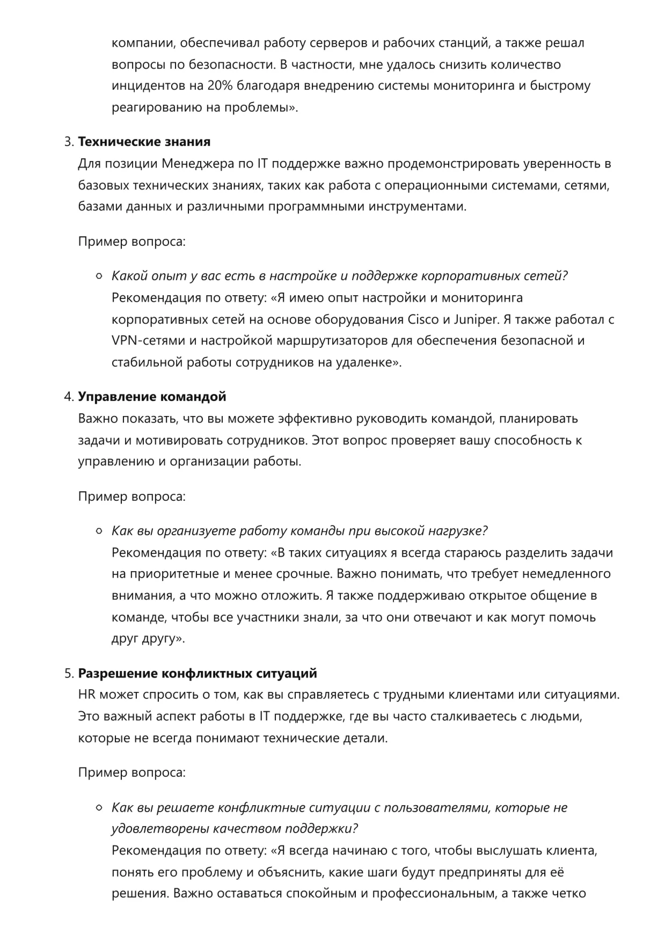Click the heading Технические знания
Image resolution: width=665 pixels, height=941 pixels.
[144, 142]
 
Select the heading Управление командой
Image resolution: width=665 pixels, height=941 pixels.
[152, 397]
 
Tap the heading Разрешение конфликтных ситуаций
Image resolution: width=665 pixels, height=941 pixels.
[198, 673]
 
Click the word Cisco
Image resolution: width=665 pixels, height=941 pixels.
[423, 319]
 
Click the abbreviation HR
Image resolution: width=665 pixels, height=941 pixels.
[87, 695]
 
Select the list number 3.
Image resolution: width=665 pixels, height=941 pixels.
[68, 142]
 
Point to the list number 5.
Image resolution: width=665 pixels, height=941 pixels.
[68, 673]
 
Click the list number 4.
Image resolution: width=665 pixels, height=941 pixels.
[68, 397]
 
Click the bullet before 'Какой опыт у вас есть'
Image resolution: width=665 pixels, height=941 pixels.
[99, 276]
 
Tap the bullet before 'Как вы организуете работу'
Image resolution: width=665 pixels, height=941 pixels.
[99, 531]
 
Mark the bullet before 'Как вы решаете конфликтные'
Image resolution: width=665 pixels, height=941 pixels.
[99, 808]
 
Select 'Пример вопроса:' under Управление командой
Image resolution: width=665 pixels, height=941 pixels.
[132, 497]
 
